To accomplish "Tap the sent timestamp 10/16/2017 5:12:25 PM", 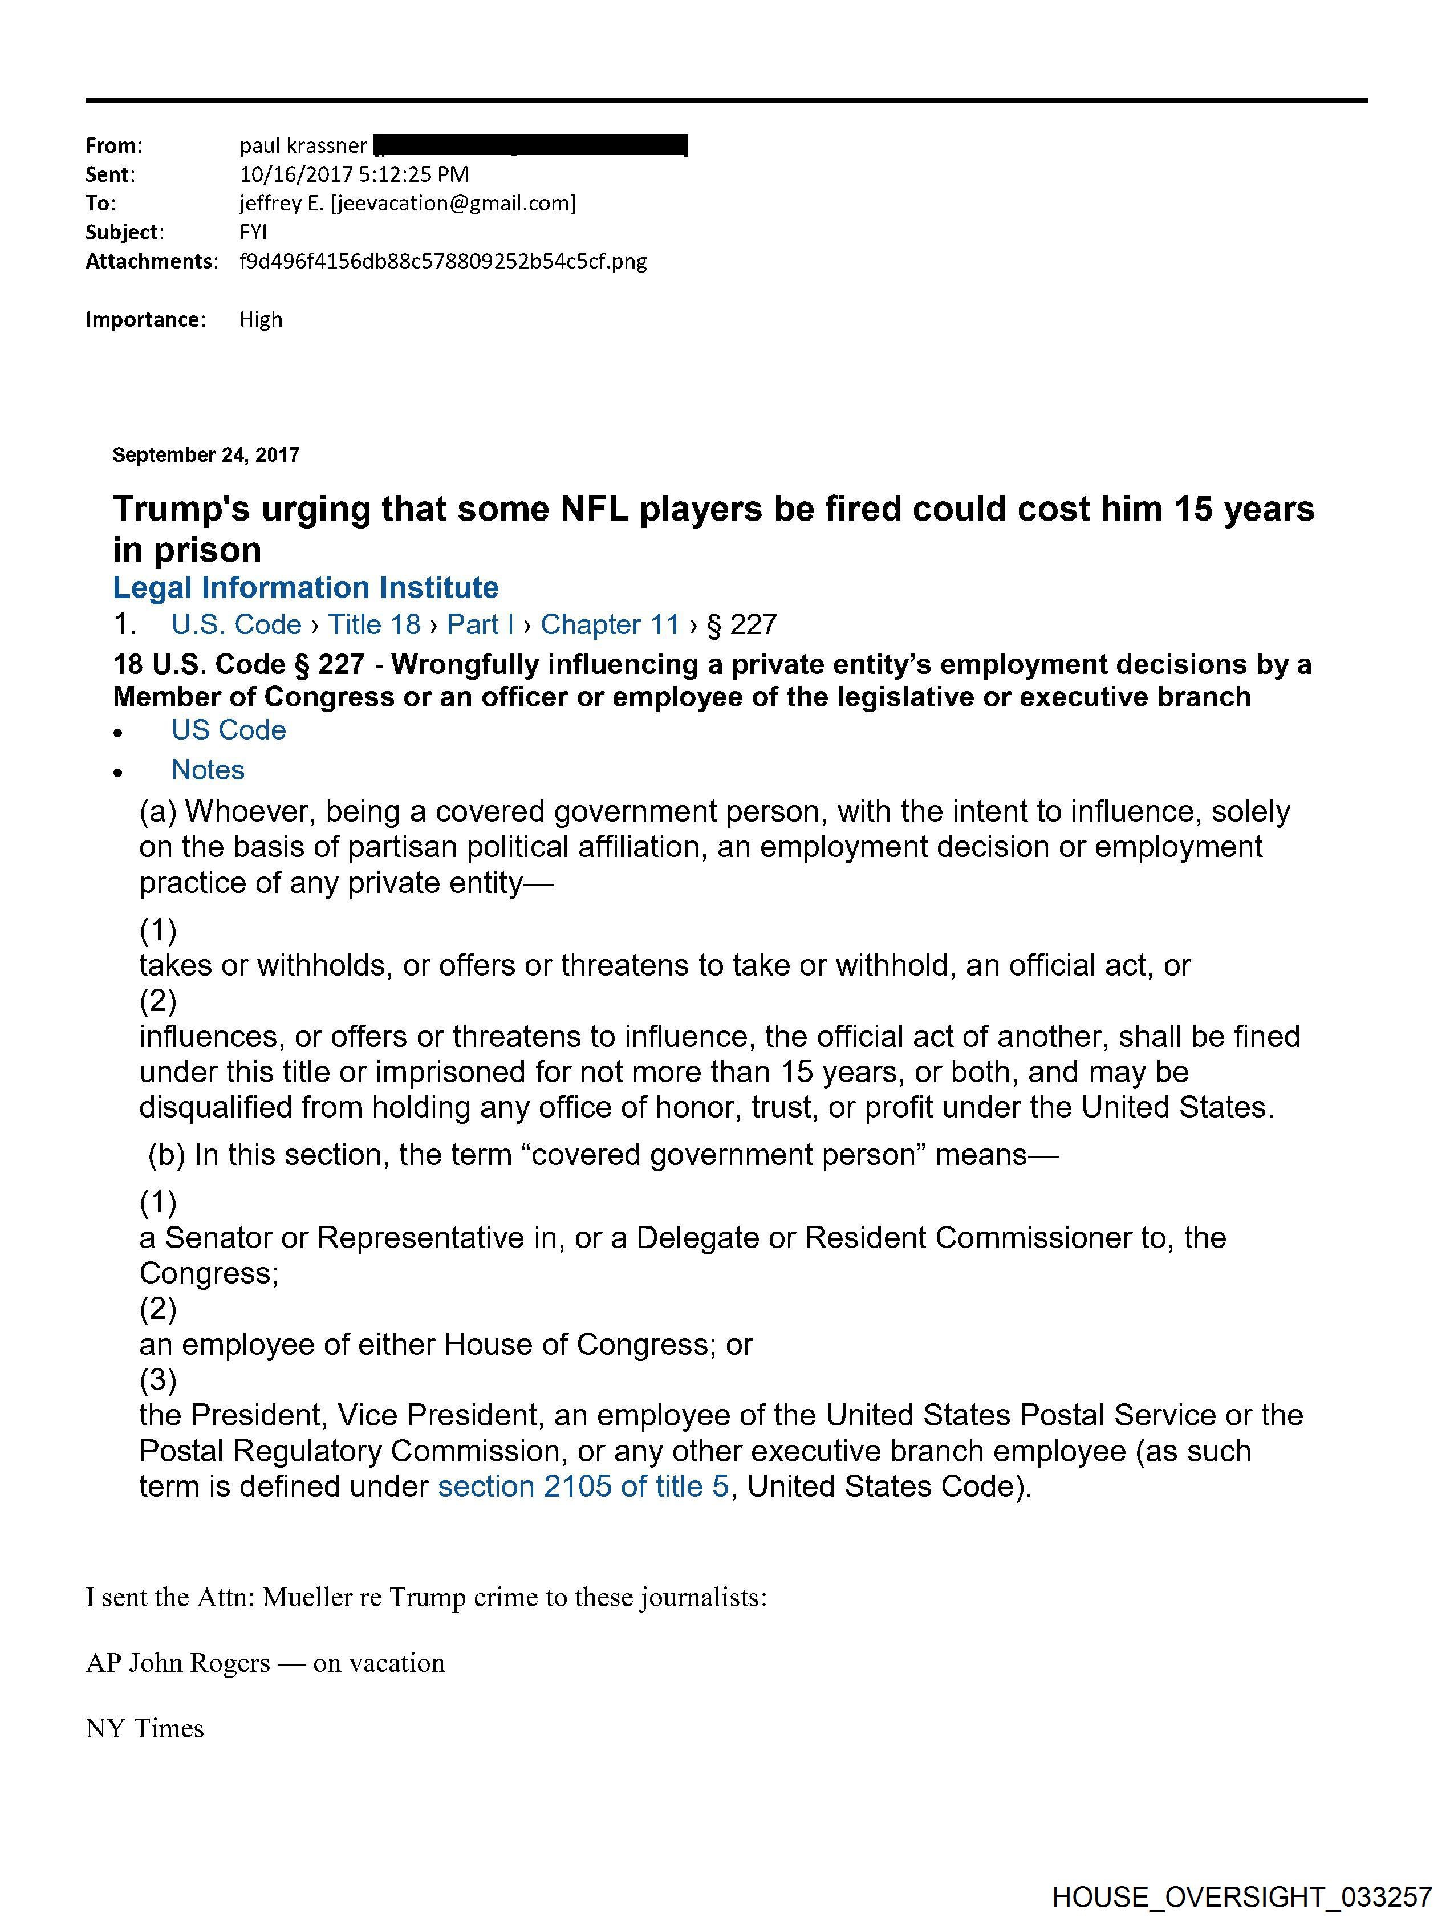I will click(354, 174).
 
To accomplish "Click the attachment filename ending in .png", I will click(443, 261).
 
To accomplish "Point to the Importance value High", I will click(261, 319).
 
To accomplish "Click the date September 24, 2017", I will click(206, 455).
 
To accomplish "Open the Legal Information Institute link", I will click(306, 588).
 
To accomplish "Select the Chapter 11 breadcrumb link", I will click(610, 624).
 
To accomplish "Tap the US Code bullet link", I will click(229, 730).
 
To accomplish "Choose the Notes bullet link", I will click(208, 770).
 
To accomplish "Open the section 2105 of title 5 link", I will click(583, 1487).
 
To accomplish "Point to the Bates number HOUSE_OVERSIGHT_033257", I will click(1241, 1896).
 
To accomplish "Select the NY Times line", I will click(144, 1729).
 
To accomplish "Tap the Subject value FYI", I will click(253, 233).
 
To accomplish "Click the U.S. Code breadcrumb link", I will click(236, 624).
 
